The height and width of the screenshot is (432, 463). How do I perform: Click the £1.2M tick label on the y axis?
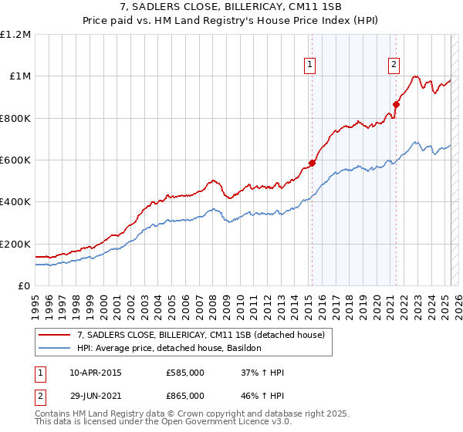tap(15, 34)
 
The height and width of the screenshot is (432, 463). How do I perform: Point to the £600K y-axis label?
tap(15, 160)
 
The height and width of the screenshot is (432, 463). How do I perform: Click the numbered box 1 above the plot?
tap(309, 65)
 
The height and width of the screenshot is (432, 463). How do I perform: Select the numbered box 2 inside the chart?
tap(394, 65)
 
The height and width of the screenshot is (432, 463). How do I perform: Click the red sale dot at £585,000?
tap(313, 163)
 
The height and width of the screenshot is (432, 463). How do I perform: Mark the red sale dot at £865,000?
tap(397, 104)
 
